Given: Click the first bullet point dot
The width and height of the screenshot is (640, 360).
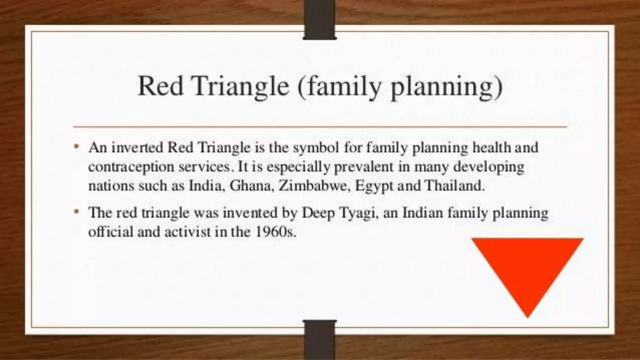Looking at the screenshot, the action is coord(76,147).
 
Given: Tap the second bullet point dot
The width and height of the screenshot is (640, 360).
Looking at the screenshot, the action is coord(76,212).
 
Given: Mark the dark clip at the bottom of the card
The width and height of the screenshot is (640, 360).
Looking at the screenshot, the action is coord(320,340).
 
